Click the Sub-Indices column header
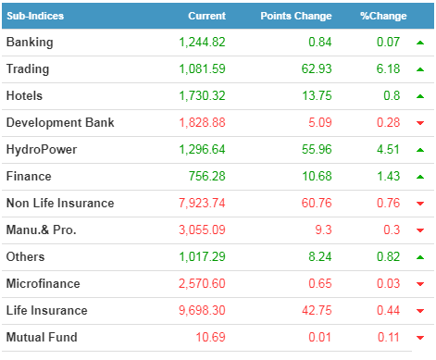[x=35, y=16]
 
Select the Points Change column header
[x=296, y=16]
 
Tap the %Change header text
[x=383, y=16]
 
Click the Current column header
[x=207, y=16]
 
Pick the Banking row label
[x=30, y=43]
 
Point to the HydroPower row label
[x=42, y=150]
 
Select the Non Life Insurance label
[x=60, y=204]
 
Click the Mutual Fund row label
[x=42, y=337]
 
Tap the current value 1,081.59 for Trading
[x=202, y=68]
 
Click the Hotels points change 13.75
[x=317, y=95]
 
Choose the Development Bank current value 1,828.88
[x=202, y=122]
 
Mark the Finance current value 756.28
[x=207, y=176]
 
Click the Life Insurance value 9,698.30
[x=202, y=310]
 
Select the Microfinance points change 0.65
[x=320, y=283]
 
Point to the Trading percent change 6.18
[x=388, y=68]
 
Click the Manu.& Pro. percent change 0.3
[x=392, y=230]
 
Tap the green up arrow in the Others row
[x=420, y=257]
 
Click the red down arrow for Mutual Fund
[x=420, y=338]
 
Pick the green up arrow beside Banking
[x=420, y=43]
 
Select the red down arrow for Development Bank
[x=420, y=123]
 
